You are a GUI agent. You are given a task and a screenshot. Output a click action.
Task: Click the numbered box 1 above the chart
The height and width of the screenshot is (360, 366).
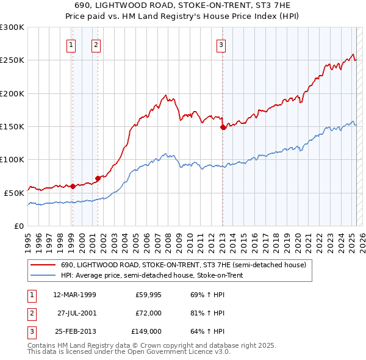72,44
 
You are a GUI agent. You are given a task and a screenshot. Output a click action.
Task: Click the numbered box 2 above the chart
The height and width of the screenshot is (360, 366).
96,44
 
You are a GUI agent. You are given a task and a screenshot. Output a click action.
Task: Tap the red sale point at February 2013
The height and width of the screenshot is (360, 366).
223,127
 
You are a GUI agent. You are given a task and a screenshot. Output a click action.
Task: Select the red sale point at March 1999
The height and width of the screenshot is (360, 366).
73,186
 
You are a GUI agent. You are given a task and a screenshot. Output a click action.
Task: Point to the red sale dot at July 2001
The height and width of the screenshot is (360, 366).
98,178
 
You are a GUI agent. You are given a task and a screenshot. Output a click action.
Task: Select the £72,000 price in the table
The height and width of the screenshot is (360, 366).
148,313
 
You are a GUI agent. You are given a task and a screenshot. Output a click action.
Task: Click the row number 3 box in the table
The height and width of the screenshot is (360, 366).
31,331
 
